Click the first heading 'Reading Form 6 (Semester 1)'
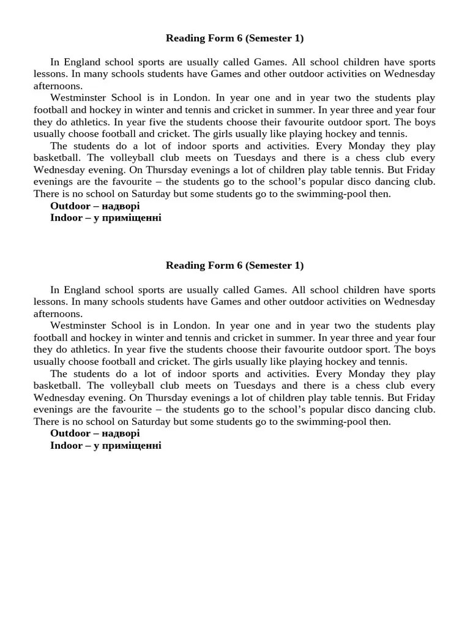click(234, 38)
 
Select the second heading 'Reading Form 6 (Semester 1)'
click(234, 265)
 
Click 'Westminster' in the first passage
click(79, 98)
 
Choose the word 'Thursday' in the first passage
click(163, 170)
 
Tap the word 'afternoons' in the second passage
click(58, 313)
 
